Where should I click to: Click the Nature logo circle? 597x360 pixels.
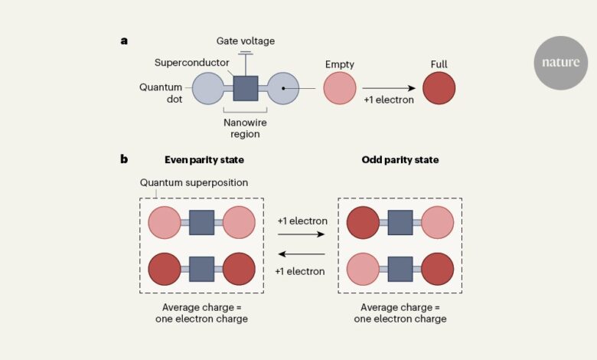pyautogui.click(x=561, y=62)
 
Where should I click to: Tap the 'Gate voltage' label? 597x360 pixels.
pyautogui.click(x=245, y=41)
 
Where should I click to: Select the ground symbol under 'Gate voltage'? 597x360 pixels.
pyautogui.click(x=245, y=54)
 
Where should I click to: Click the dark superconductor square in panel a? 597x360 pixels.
pyautogui.click(x=245, y=88)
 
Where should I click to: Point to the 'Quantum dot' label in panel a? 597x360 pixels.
pyautogui.click(x=161, y=94)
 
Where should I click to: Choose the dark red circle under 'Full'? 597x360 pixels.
pyautogui.click(x=439, y=88)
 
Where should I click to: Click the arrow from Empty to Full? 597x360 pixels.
pyautogui.click(x=388, y=88)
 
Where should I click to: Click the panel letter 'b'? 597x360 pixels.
pyautogui.click(x=124, y=159)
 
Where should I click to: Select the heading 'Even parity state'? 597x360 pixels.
pyautogui.click(x=201, y=159)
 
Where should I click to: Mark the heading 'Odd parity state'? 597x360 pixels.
pyautogui.click(x=400, y=159)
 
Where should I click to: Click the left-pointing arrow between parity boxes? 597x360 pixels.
pyautogui.click(x=302, y=255)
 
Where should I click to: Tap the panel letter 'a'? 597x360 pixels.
pyautogui.click(x=124, y=41)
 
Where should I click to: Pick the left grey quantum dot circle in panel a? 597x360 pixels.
pyautogui.click(x=207, y=88)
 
